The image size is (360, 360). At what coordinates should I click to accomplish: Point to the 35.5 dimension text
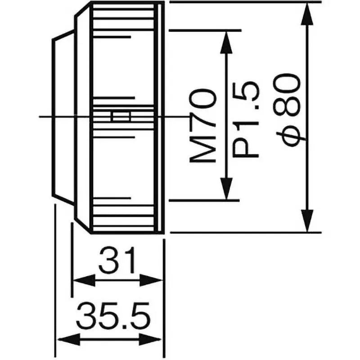pyautogui.click(x=112, y=315)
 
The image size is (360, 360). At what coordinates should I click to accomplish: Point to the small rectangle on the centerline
pyautogui.click(x=120, y=117)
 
